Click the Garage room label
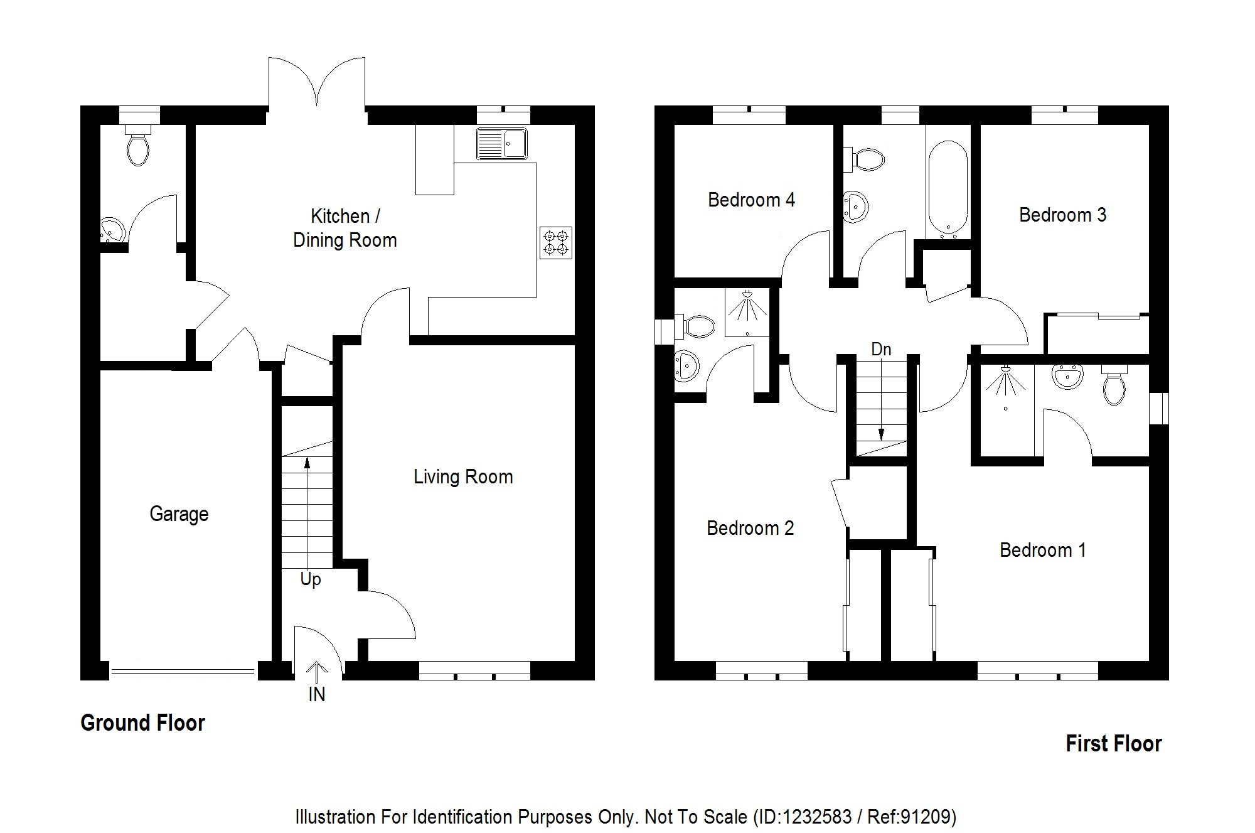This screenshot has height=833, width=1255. point(179,514)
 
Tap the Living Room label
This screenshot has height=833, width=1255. point(463,477)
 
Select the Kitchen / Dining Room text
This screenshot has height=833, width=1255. point(345,228)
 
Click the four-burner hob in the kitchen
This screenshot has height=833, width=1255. point(556,243)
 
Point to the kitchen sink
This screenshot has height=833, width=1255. point(502,144)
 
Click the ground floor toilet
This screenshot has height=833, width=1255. point(138,145)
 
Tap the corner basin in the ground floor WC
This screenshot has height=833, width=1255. point(112,230)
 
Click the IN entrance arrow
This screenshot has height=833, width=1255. point(317,673)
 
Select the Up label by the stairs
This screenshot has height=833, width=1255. point(311,579)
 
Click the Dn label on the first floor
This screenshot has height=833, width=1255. point(881,349)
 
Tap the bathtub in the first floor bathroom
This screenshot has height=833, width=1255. point(948,190)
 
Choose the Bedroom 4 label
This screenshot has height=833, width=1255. point(751,200)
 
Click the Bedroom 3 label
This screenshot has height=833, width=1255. point(1062,215)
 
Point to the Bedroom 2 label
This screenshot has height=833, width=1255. point(750,529)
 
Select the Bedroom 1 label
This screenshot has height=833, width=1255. point(1043,551)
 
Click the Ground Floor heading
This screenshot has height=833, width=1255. point(142,723)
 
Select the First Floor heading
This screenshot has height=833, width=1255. point(1114,744)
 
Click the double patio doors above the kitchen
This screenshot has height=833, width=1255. point(317,85)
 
